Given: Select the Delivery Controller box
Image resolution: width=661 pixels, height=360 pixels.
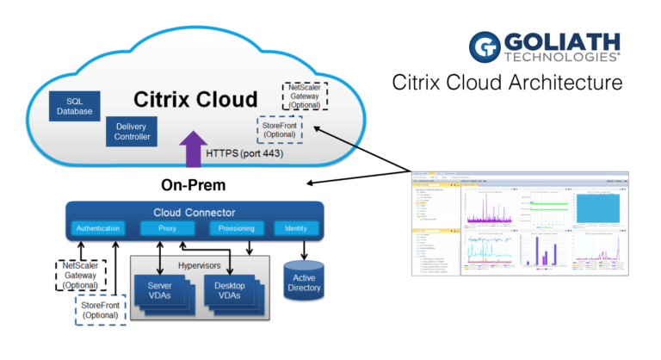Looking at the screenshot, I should click(133, 130).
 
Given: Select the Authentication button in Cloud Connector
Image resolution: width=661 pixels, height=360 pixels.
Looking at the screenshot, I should click(96, 229).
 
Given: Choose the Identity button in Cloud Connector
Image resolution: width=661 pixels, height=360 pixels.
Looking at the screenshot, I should click(296, 229).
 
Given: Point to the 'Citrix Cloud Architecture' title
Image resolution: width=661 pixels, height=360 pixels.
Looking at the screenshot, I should click(507, 84).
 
